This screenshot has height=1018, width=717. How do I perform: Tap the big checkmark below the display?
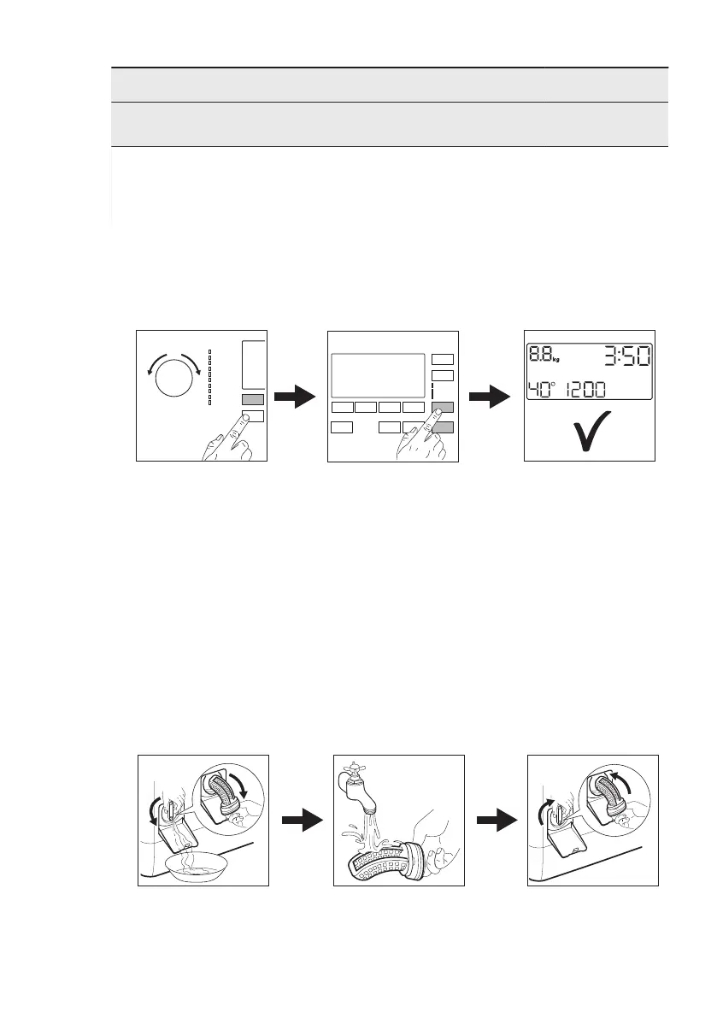[590, 432]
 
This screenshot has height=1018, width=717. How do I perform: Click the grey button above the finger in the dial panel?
[253, 399]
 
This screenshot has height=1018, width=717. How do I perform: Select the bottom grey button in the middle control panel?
[443, 427]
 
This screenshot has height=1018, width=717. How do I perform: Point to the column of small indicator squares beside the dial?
[210, 376]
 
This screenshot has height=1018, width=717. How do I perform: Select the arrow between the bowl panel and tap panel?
[301, 820]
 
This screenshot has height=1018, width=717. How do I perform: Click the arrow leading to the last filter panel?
[496, 820]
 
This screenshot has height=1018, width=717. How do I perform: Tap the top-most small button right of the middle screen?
[442, 359]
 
